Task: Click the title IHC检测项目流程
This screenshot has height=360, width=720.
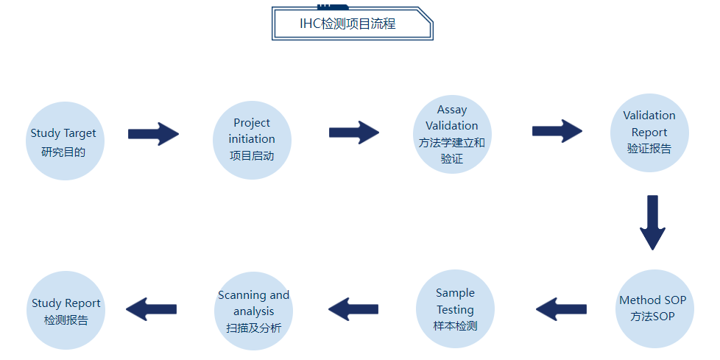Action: pyautogui.click(x=347, y=24)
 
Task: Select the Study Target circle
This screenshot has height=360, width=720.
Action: pyautogui.click(x=65, y=141)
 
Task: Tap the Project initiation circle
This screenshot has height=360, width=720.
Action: pyautogui.click(x=252, y=140)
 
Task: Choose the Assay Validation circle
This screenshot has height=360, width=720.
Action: pyautogui.click(x=452, y=134)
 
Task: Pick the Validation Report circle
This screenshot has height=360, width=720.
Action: pyautogui.click(x=649, y=133)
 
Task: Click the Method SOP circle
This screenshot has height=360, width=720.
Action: pyautogui.click(x=654, y=308)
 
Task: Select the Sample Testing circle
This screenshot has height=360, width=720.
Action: pyautogui.click(x=455, y=309)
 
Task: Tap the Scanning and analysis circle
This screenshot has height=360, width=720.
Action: pyautogui.click(x=253, y=311)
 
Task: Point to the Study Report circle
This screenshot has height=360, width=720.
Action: pyautogui.click(x=66, y=311)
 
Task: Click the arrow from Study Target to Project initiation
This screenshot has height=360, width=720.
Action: pyautogui.click(x=153, y=134)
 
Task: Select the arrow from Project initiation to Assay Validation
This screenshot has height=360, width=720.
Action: pyautogui.click(x=354, y=133)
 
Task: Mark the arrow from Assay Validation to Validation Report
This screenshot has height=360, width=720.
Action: pyautogui.click(x=557, y=131)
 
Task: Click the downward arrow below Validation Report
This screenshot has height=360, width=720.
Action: pyautogui.click(x=652, y=223)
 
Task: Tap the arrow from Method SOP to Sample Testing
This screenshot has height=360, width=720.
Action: pyautogui.click(x=561, y=309)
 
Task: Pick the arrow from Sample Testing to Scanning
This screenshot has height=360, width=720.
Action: pyautogui.click(x=353, y=309)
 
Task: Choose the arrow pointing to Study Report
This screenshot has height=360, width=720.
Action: pyautogui.click(x=151, y=309)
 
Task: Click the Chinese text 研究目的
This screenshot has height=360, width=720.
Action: pyautogui.click(x=63, y=152)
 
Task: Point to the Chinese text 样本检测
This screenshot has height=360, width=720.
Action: pyautogui.click(x=455, y=325)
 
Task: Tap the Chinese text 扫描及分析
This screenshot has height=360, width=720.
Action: pyautogui.click(x=253, y=328)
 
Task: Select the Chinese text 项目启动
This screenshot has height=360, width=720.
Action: pyautogui.click(x=252, y=155)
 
